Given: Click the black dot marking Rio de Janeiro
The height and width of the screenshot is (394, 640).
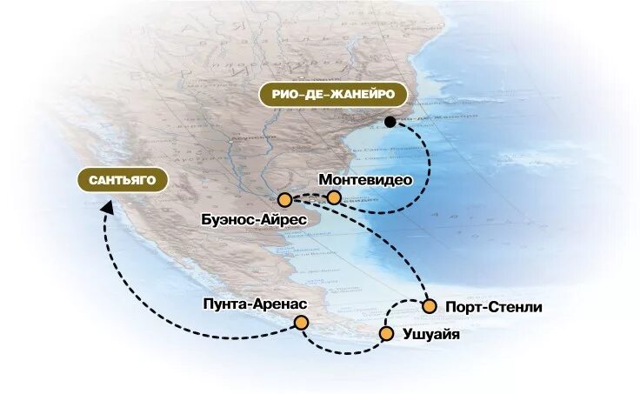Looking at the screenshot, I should pyautogui.click(x=390, y=122).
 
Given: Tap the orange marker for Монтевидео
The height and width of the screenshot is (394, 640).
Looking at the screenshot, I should pyautogui.click(x=334, y=197).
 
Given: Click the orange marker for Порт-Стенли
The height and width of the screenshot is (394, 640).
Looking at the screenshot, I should pyautogui.click(x=429, y=306).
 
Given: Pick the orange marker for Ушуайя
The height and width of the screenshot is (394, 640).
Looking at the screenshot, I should pyautogui.click(x=386, y=333).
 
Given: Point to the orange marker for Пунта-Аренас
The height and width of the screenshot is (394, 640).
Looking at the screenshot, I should pyautogui.click(x=301, y=323).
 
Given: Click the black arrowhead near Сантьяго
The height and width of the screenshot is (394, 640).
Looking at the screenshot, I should pyautogui.click(x=106, y=206).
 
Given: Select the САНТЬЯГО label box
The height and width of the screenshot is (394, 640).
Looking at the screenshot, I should pyautogui.click(x=122, y=181).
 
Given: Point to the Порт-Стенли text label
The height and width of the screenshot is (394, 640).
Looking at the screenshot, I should pyautogui.click(x=493, y=307).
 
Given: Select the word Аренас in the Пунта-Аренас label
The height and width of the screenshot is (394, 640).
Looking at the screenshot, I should pyautogui.click(x=278, y=304).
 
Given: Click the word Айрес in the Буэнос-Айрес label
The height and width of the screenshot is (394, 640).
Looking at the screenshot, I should pyautogui.click(x=283, y=221).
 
